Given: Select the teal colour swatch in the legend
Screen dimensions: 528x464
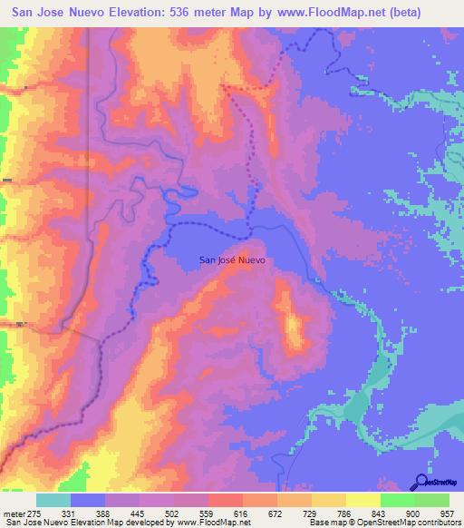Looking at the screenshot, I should coord(53,501).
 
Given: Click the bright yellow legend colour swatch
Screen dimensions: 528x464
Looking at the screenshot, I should coord(362,501).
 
